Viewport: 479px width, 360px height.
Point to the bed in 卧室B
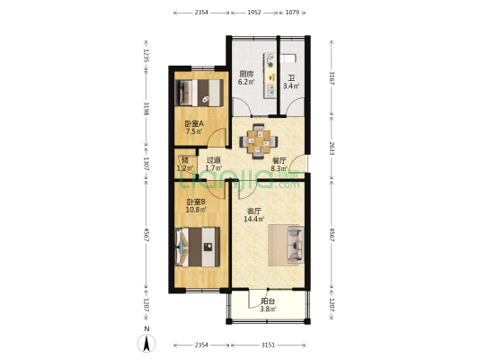tap(198, 246)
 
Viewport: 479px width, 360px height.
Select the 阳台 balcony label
tap(268, 301)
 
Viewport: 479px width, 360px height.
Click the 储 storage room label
tap(184, 160)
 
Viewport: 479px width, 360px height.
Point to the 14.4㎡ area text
tap(255, 219)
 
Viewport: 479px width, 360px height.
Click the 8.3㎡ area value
tap(279, 167)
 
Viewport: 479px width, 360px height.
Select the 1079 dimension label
tap(293, 13)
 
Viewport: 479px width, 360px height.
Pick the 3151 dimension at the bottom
tap(268, 343)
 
